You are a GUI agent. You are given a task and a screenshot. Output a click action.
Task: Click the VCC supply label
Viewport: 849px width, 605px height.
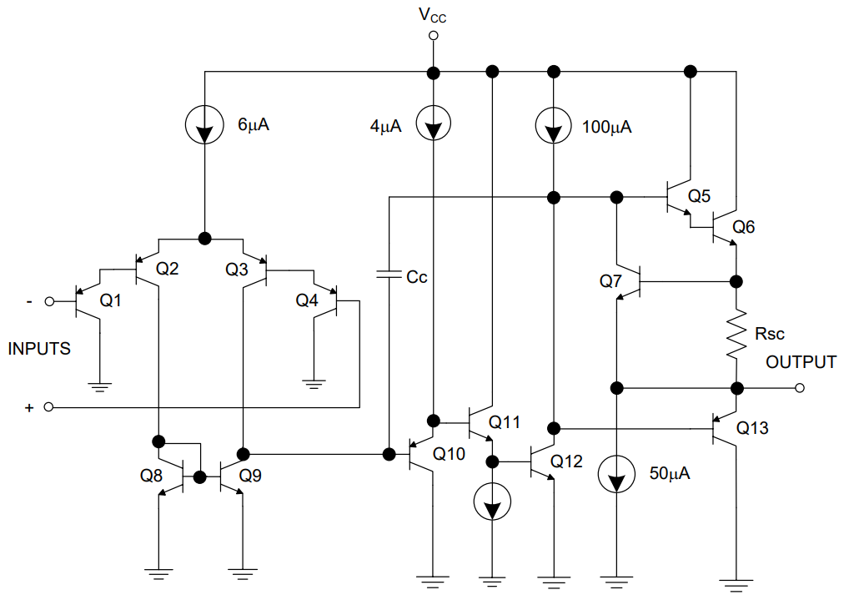(x=433, y=14)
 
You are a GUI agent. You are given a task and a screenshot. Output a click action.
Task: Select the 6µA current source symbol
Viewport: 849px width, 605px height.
(x=203, y=127)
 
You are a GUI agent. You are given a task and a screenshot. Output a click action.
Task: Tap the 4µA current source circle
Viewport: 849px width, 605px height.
(x=433, y=127)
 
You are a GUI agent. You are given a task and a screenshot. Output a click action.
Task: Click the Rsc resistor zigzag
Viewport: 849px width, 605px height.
(x=736, y=334)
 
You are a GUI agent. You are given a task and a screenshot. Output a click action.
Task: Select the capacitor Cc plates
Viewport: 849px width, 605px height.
(x=389, y=275)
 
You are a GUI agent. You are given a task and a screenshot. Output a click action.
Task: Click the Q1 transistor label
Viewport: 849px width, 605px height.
(x=111, y=300)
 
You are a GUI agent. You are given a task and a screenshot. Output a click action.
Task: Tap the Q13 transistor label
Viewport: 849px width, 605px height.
(x=752, y=429)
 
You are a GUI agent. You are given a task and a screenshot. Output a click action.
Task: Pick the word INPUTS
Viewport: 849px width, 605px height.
(x=39, y=349)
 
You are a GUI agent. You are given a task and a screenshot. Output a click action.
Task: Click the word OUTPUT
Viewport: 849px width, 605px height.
(x=801, y=362)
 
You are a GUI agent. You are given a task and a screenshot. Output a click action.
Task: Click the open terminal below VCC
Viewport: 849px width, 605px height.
(x=433, y=36)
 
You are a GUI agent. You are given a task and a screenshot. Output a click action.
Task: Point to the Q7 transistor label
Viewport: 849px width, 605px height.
(x=611, y=281)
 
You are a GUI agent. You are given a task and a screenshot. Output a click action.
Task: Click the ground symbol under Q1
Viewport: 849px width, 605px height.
(x=99, y=386)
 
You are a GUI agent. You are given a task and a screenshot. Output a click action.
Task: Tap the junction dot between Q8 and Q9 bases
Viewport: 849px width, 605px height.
(x=200, y=477)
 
